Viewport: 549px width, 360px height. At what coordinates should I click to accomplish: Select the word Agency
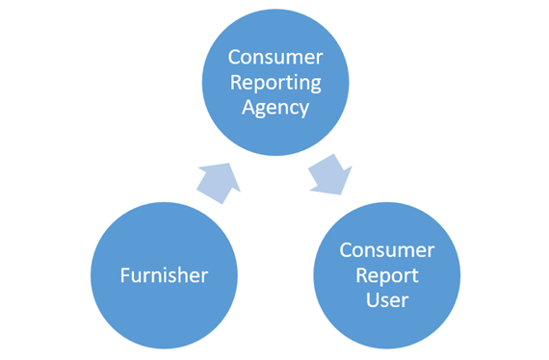tap(276, 107)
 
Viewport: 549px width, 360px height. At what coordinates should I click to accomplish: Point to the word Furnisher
tap(164, 275)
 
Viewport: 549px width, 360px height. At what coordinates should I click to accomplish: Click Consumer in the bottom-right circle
tap(387, 250)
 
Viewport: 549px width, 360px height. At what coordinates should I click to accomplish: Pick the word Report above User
tap(387, 275)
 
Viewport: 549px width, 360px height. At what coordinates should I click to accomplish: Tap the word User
tap(387, 300)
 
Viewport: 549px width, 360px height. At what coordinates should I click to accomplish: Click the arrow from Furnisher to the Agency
tap(216, 178)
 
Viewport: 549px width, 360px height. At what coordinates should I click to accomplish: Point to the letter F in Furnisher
tap(124, 275)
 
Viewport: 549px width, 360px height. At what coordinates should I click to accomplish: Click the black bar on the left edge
tap(35, 180)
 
